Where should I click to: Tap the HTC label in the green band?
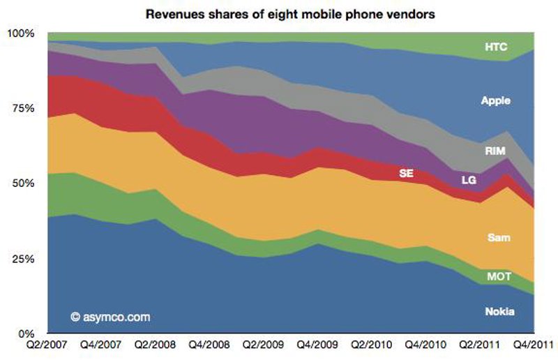tap(498, 47)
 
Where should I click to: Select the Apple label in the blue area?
tap(496, 101)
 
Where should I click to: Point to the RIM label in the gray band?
tap(495, 150)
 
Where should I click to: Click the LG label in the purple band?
tap(469, 180)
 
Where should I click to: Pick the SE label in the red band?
tap(406, 172)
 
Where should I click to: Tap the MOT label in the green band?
tap(499, 277)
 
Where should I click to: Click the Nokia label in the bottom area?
tap(499, 311)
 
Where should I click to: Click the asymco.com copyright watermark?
tap(110, 317)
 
